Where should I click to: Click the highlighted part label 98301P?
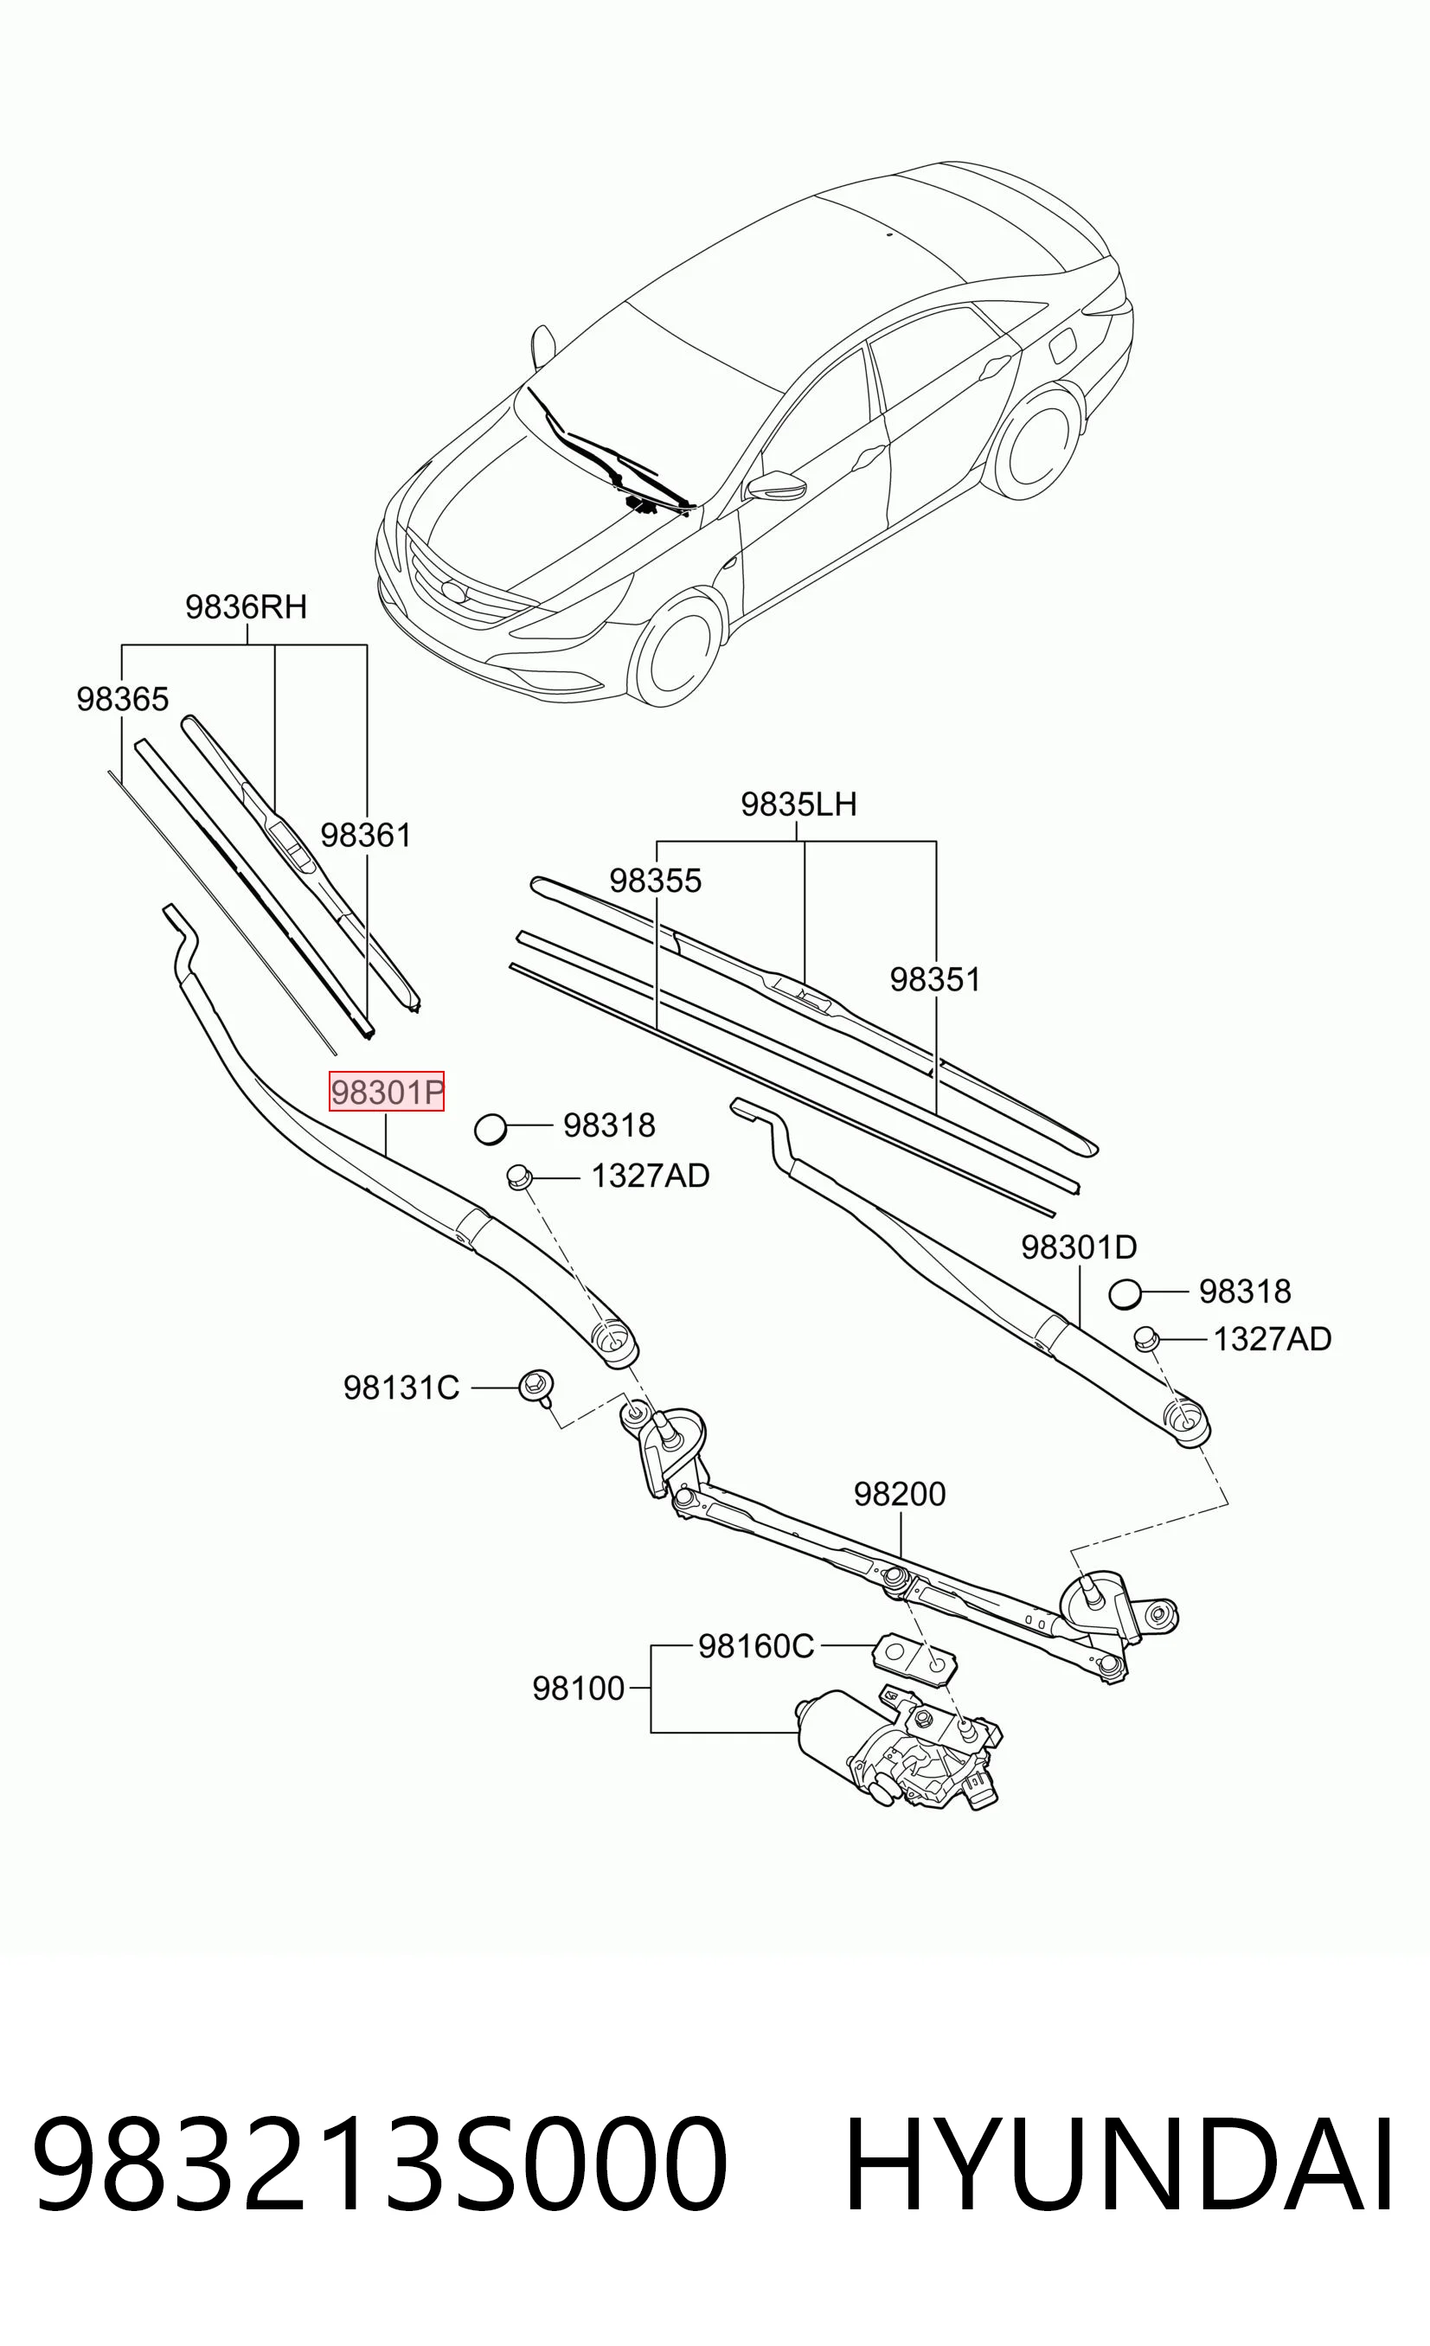[x=387, y=1091]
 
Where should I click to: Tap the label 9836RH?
[x=246, y=606]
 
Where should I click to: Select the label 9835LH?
[x=798, y=804]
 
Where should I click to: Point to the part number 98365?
[x=123, y=699]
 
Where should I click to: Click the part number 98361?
[x=366, y=835]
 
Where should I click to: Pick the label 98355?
[x=655, y=881]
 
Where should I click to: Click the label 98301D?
[x=1079, y=1247]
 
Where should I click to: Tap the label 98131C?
[x=401, y=1388]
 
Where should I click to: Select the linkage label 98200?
[x=900, y=1494]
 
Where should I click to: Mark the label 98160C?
[x=756, y=1646]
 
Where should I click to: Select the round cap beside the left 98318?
[x=491, y=1129]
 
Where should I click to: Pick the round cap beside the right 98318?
[x=1125, y=1295]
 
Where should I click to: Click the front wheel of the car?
[x=675, y=649]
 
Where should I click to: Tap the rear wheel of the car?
[x=1036, y=444]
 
